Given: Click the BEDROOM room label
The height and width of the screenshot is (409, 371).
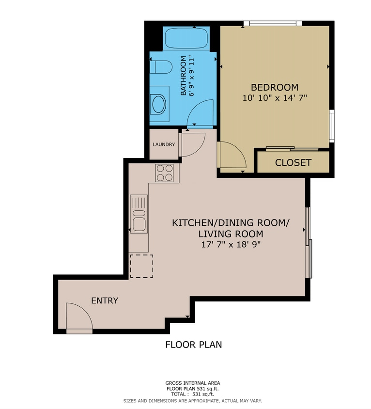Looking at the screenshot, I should pyautogui.click(x=274, y=87).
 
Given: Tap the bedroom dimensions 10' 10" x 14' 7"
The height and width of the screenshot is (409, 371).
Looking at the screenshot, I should pyautogui.click(x=275, y=98).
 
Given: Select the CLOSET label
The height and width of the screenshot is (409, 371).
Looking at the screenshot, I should pyautogui.click(x=293, y=163).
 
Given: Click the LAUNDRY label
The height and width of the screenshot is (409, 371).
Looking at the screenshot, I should pyautogui.click(x=163, y=144).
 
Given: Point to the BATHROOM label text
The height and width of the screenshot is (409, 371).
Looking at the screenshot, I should pyautogui.click(x=184, y=76).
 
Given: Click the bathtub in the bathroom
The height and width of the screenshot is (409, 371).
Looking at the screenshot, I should pyautogui.click(x=186, y=37).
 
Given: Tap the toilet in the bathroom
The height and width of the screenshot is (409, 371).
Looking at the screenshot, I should pyautogui.click(x=160, y=66).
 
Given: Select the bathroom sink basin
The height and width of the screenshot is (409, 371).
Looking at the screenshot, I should pyautogui.click(x=158, y=103).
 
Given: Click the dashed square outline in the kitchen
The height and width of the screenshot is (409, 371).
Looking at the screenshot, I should pyautogui.click(x=141, y=266).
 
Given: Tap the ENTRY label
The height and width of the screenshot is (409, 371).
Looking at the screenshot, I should pyautogui.click(x=105, y=300).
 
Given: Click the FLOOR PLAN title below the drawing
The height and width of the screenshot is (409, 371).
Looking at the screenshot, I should pyautogui.click(x=194, y=345).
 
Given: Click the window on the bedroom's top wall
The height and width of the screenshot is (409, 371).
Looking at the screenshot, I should pyautogui.click(x=273, y=23).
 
